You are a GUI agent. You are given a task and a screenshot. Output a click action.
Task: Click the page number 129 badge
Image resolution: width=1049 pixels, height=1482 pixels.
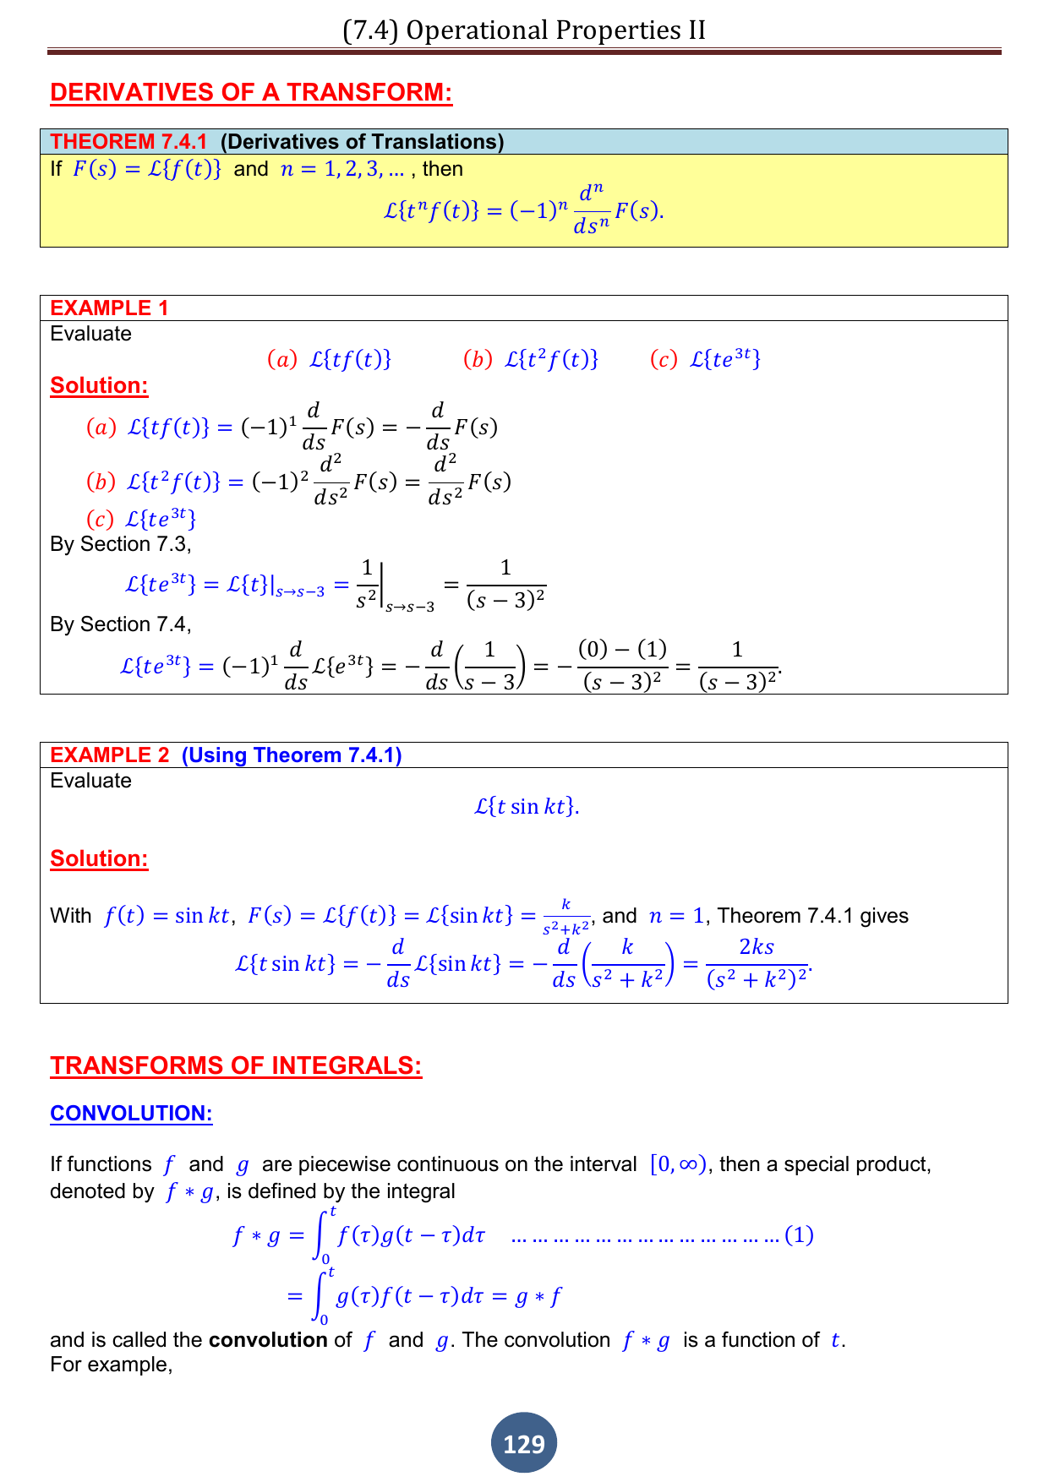(x=524, y=1443)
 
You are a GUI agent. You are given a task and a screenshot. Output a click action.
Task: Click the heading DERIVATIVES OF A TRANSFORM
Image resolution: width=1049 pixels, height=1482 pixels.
(x=251, y=92)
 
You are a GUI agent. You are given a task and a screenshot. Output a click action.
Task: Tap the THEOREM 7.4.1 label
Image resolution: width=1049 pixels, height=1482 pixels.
(x=128, y=142)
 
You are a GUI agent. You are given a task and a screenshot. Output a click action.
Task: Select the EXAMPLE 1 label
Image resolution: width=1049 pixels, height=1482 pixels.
(x=109, y=308)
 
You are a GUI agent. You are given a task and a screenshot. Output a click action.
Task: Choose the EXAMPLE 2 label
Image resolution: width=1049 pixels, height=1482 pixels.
(x=109, y=755)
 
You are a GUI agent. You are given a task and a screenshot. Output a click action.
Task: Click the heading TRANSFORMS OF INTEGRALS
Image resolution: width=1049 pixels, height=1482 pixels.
(x=236, y=1065)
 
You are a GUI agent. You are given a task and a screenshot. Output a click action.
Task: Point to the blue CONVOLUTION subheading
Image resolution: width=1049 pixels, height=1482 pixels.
(x=131, y=1113)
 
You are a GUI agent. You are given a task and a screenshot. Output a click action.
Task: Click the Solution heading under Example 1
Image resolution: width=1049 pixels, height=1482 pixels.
(x=99, y=385)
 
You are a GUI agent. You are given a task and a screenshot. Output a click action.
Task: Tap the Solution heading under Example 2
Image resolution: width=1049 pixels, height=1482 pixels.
(x=99, y=858)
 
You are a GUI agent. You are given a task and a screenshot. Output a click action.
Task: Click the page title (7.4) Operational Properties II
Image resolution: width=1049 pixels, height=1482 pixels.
(x=524, y=30)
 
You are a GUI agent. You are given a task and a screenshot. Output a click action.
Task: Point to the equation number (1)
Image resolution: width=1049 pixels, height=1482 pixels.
(x=799, y=1235)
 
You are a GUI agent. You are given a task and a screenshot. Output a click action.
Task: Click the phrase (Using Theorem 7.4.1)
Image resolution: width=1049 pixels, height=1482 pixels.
(x=292, y=755)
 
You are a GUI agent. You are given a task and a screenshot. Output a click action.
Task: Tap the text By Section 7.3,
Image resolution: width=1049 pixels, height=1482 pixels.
(x=121, y=544)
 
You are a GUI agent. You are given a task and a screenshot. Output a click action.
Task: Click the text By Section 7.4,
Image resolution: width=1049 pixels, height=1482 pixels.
(x=121, y=624)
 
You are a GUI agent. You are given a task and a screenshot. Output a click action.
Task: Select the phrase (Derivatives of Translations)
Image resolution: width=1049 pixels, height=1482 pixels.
(x=362, y=142)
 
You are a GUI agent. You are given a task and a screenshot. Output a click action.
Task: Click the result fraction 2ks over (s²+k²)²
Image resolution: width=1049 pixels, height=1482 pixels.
(x=757, y=963)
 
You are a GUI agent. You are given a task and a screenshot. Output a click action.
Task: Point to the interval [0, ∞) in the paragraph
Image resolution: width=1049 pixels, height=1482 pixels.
(x=678, y=1164)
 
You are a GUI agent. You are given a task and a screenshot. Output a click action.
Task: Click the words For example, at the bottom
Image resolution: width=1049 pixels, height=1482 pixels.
(x=112, y=1365)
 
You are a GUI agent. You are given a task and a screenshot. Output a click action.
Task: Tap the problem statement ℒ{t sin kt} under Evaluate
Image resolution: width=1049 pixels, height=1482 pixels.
(x=526, y=806)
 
